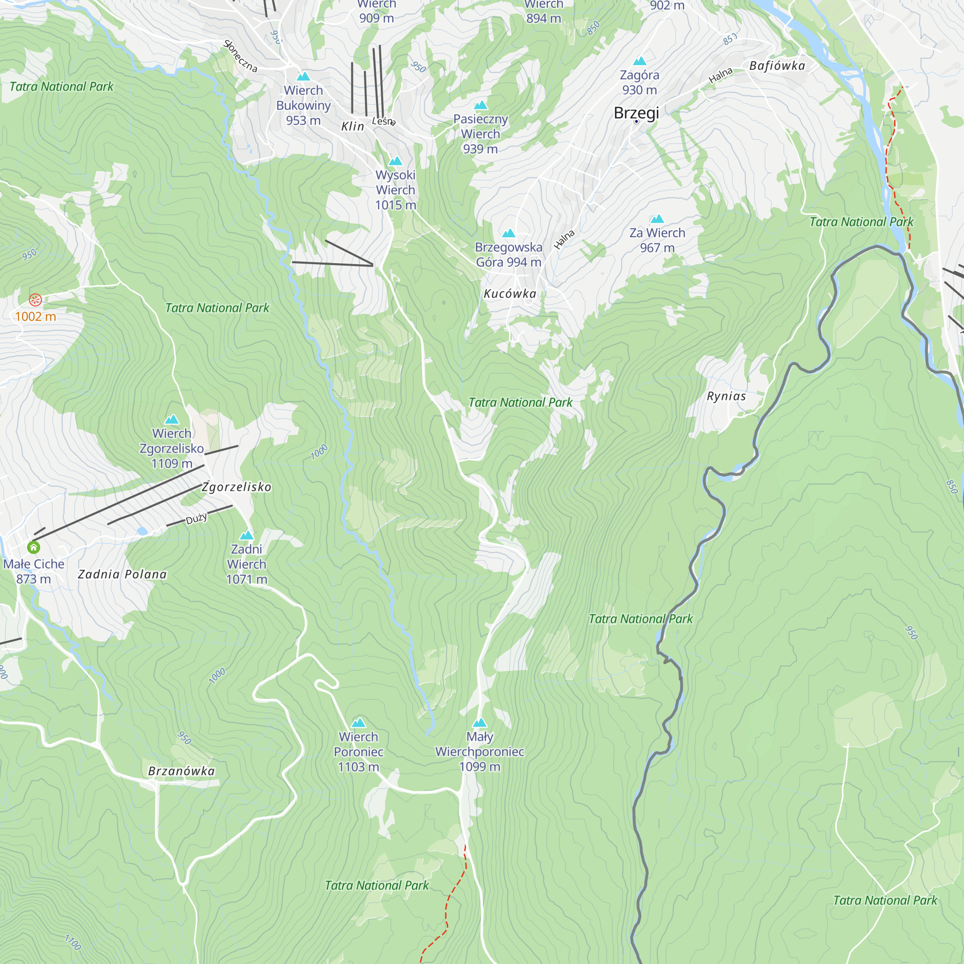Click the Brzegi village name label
click(636, 113)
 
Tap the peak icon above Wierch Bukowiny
click(303, 77)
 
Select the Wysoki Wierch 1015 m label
click(395, 189)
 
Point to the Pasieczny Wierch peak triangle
click(481, 105)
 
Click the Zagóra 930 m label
click(639, 82)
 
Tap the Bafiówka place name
click(777, 66)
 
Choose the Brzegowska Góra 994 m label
click(508, 254)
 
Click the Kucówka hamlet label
click(510, 294)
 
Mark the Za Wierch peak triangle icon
click(657, 219)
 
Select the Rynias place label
click(726, 396)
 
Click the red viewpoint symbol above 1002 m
click(35, 300)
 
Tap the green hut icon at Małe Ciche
click(33, 548)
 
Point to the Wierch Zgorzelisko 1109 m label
click(172, 448)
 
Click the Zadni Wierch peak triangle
click(246, 536)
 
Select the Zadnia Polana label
click(122, 575)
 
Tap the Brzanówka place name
click(181, 771)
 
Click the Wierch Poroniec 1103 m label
click(358, 751)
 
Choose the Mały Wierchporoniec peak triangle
click(480, 723)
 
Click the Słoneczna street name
click(241, 56)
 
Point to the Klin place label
click(352, 127)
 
